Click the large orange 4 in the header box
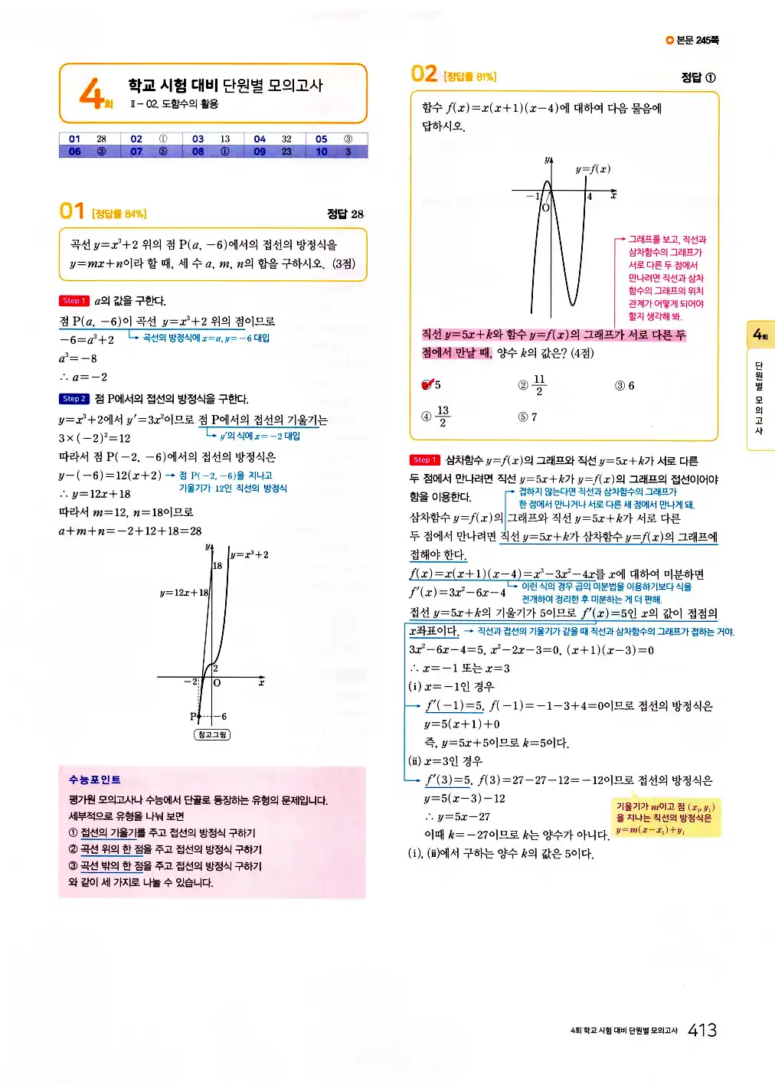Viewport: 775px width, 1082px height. tap(92, 93)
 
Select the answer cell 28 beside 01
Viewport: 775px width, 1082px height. tap(101, 139)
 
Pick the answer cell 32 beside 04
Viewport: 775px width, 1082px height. tap(286, 139)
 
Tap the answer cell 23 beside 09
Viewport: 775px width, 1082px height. tap(286, 152)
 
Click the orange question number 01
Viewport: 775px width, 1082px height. tap(71, 211)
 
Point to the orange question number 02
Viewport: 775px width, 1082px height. tap(423, 74)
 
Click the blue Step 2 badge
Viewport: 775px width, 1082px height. tap(74, 399)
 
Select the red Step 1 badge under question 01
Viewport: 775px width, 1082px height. tap(74, 301)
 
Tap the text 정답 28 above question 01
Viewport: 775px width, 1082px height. tap(345, 214)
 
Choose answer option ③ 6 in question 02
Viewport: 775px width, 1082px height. tap(624, 386)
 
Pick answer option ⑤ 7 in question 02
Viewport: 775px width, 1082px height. tap(528, 417)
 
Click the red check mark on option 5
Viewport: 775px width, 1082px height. tap(427, 384)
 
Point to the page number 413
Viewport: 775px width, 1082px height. tap(701, 1031)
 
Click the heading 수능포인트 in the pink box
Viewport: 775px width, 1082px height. tap(94, 780)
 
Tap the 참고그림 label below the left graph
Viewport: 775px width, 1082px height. tap(212, 734)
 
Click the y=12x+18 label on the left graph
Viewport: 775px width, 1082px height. tap(184, 593)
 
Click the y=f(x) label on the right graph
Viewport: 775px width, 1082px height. tap(593, 169)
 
